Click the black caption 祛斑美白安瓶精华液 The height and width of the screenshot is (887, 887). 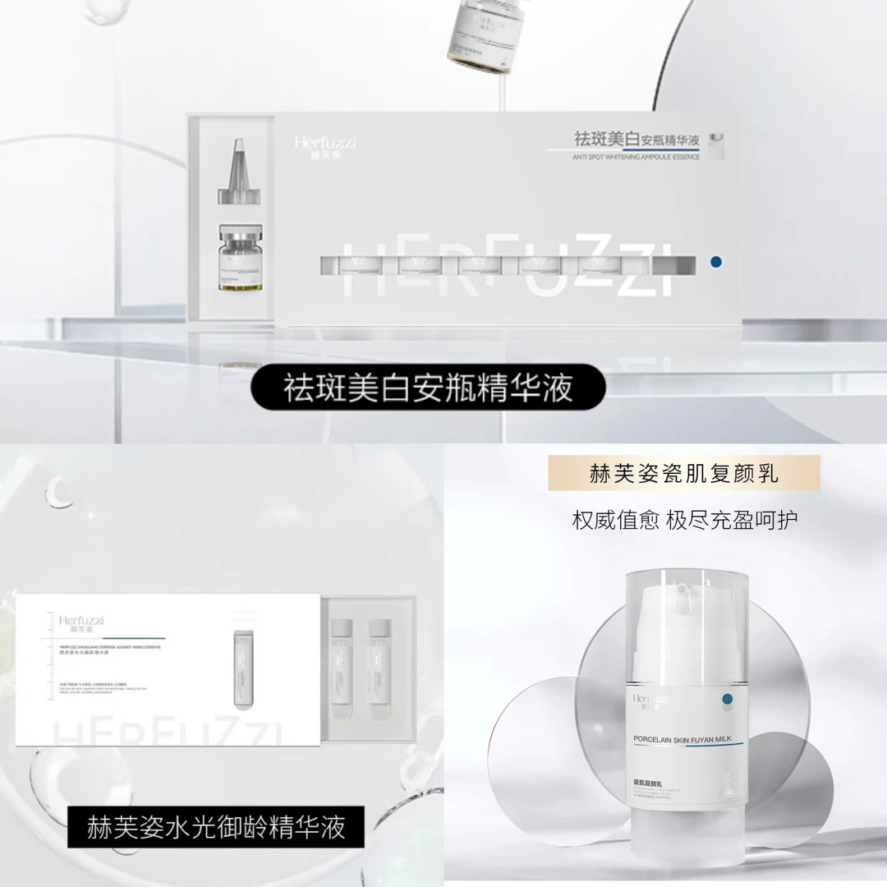point(428,388)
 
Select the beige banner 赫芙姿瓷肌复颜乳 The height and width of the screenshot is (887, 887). point(684,473)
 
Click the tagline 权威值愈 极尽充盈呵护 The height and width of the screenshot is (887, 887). point(684,520)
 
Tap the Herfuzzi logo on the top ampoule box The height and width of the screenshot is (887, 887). point(324,146)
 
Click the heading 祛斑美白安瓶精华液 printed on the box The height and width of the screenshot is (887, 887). point(637,137)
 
